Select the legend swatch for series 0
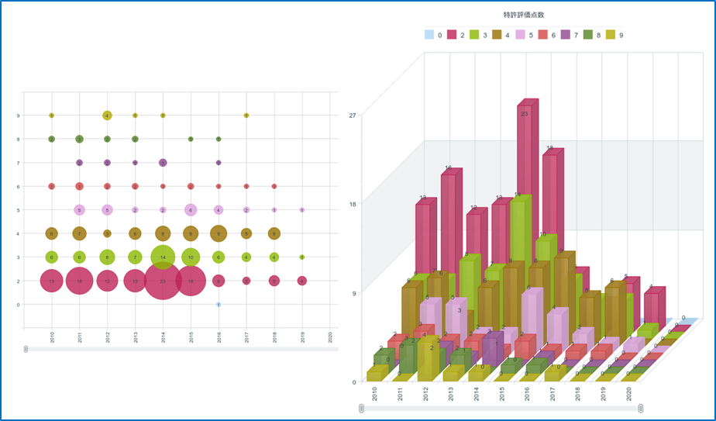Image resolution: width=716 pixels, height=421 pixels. coord(429,34)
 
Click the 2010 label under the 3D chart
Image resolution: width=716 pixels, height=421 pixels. coord(375,392)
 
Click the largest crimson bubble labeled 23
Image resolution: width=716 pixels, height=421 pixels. coord(163,281)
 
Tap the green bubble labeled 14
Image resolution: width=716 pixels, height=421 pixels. coord(163,257)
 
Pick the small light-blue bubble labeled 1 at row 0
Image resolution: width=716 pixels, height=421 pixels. coord(219,305)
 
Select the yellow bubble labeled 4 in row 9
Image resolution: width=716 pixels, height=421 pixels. coord(107,116)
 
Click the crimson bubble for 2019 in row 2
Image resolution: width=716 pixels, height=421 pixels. coord(302,281)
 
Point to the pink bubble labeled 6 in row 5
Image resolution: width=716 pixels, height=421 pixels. coord(191,209)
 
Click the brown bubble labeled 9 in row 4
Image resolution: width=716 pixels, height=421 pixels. coord(219,233)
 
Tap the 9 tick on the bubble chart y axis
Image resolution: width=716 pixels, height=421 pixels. coord(18,116)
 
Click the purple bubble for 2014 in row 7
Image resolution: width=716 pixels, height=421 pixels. coord(163,163)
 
